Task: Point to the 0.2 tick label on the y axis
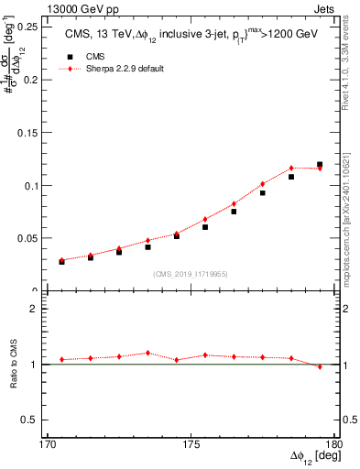[43, 80]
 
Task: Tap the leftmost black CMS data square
[61, 261]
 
